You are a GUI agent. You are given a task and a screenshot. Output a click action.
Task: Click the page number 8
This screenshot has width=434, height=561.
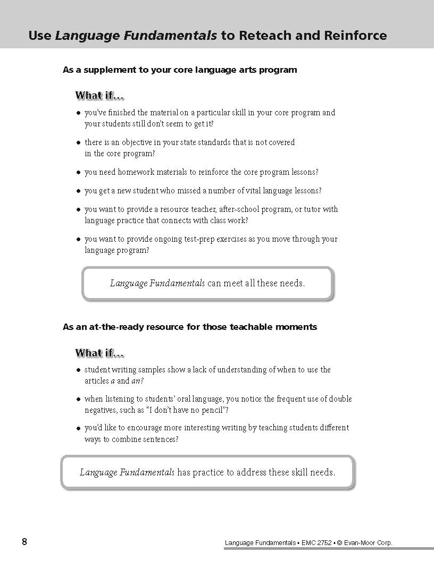coord(24,542)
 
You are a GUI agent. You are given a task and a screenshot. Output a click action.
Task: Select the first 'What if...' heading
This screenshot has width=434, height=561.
coord(99,96)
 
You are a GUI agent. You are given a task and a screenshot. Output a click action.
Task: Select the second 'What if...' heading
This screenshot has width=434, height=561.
coord(99,353)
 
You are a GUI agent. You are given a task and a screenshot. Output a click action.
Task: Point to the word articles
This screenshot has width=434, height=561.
coord(96,381)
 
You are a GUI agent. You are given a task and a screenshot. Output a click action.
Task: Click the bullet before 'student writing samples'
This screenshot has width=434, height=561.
coord(78,370)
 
